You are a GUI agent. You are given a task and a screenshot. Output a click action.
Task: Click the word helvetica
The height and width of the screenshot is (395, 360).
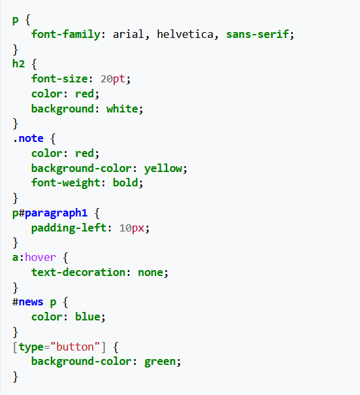click(185, 34)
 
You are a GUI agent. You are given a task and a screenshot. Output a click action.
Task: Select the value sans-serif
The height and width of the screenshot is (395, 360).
click(257, 34)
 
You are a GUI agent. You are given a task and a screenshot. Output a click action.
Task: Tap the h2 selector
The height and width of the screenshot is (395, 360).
click(18, 63)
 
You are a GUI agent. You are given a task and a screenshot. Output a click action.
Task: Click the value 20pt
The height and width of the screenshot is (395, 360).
click(113, 79)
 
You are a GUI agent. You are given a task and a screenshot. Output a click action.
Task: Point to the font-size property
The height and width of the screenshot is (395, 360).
click(59, 78)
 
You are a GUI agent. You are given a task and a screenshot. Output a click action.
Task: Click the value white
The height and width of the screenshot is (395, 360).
click(122, 109)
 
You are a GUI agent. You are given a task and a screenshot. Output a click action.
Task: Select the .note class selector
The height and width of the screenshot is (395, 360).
click(28, 138)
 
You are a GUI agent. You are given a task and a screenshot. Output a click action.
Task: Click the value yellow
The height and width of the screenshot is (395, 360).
click(163, 168)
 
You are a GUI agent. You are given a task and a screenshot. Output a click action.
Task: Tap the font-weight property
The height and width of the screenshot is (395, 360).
click(65, 183)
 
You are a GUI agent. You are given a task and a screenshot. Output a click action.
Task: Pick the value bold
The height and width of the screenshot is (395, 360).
click(125, 182)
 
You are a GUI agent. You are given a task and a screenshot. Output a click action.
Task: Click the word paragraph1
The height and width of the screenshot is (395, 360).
click(56, 213)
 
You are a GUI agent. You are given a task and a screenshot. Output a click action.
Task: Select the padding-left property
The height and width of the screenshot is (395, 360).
click(69, 228)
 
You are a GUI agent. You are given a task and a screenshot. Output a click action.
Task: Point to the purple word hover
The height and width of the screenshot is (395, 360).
click(41, 257)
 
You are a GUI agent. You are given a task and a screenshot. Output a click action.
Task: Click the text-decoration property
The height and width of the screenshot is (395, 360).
click(78, 272)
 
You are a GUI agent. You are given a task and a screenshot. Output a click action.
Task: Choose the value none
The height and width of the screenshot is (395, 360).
click(150, 272)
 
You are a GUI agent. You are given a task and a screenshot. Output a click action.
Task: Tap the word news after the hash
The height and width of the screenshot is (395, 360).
click(31, 301)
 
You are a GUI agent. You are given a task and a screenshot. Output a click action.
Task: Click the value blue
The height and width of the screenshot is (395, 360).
click(88, 317)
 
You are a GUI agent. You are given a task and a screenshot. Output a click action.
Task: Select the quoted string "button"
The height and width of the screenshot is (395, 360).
click(75, 347)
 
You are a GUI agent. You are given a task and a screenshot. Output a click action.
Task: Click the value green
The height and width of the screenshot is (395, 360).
click(160, 362)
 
